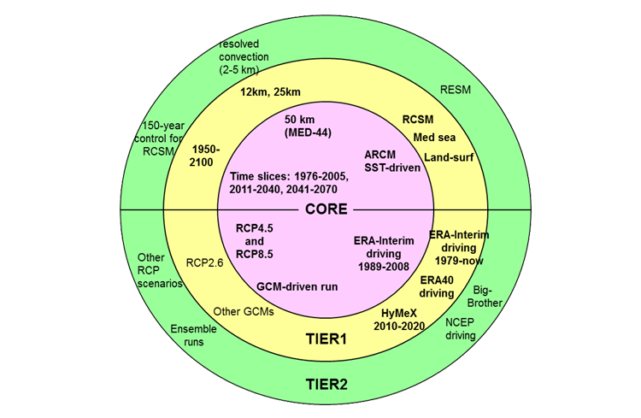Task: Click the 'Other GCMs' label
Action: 244,312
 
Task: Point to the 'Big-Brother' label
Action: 488,296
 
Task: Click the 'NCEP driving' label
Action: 460,330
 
